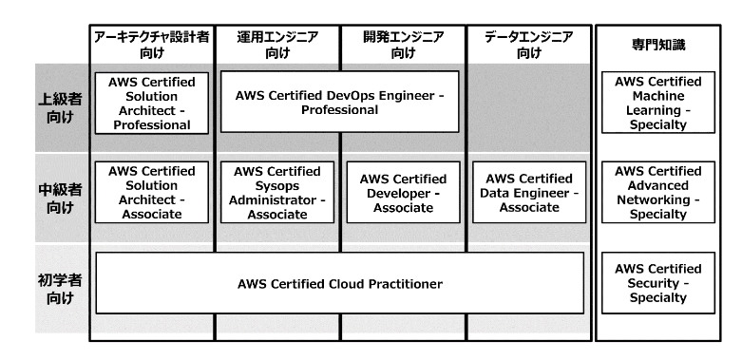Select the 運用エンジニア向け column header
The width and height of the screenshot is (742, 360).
click(277, 45)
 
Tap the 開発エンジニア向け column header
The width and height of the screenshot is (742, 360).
click(404, 45)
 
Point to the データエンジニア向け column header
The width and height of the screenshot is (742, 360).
click(529, 45)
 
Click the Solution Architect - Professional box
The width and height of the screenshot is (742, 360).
click(152, 103)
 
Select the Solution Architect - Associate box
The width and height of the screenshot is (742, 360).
click(152, 193)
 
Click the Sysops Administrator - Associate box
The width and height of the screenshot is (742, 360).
click(277, 193)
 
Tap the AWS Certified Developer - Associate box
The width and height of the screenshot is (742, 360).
click(404, 193)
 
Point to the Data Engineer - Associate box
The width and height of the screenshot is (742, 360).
click(529, 193)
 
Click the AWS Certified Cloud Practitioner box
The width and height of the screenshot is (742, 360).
click(340, 283)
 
